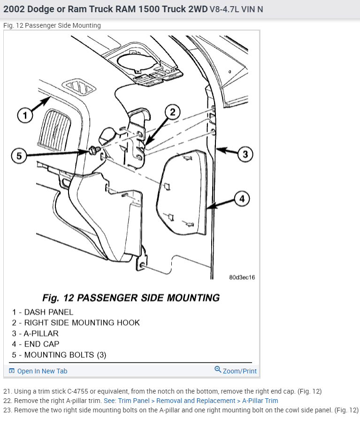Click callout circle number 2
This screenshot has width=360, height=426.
pyautogui.click(x=172, y=112)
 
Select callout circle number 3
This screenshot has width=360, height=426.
pyautogui.click(x=245, y=154)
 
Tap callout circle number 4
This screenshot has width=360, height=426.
pyautogui.click(x=242, y=199)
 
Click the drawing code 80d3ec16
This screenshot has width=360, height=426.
pyautogui.click(x=242, y=277)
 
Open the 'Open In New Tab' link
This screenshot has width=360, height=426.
pyautogui.click(x=42, y=371)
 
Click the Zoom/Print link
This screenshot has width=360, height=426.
pyautogui.click(x=239, y=371)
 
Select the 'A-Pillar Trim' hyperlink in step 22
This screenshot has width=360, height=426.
pyautogui.click(x=260, y=401)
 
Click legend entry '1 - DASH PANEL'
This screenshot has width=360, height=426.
pyautogui.click(x=43, y=312)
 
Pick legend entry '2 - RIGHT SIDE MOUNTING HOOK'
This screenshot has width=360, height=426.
pyautogui.click(x=76, y=323)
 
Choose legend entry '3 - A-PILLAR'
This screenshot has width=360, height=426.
pyautogui.click(x=35, y=333)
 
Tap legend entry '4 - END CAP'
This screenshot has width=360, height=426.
pyautogui.click(x=36, y=344)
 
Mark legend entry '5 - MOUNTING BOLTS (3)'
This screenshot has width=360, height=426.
pyautogui.click(x=59, y=355)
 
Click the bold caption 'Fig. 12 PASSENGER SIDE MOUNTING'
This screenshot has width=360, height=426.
pyautogui.click(x=131, y=298)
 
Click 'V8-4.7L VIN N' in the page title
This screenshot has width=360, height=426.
pyautogui.click(x=236, y=9)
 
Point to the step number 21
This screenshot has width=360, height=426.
pyautogui.click(x=7, y=391)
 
